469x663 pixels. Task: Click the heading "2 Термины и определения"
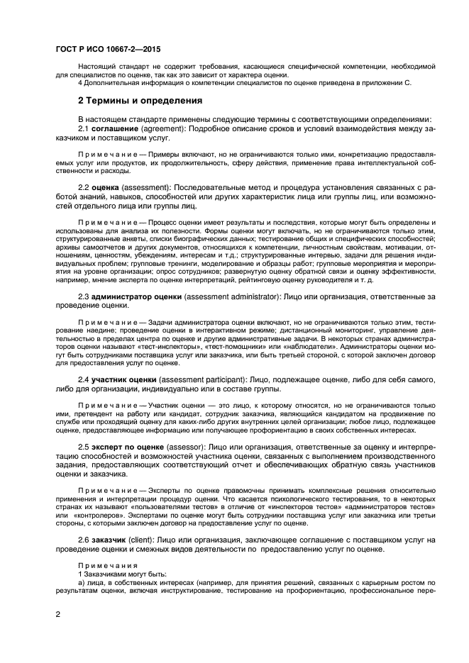140,101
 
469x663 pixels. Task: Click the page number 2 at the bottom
57,615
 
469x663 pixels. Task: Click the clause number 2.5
84,447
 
